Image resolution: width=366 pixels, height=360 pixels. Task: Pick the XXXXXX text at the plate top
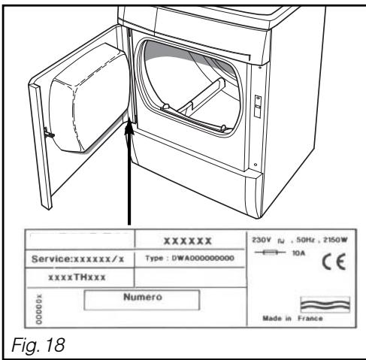pos(192,240)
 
